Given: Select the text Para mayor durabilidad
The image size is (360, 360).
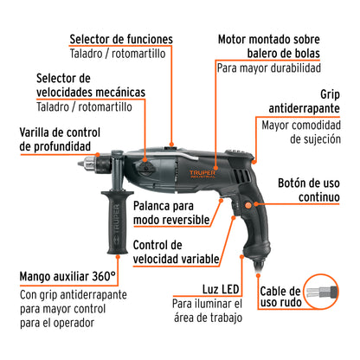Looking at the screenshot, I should (268, 68).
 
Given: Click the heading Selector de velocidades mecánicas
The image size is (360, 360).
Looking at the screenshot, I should (90, 84).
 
